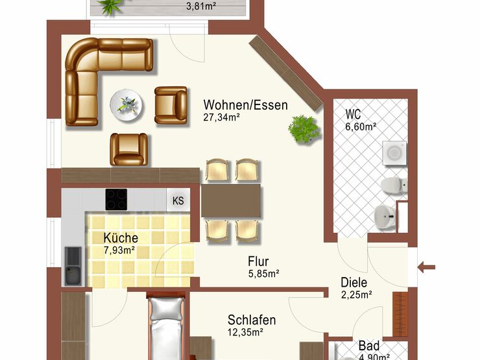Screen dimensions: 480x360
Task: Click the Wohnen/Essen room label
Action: tap(245, 105)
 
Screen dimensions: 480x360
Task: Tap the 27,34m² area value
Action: tap(221, 117)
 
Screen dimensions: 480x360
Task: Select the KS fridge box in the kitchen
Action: tap(178, 200)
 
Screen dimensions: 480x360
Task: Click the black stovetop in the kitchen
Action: tap(116, 200)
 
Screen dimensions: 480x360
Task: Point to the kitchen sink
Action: tap(73, 266)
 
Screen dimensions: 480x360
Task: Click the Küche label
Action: tap(121, 238)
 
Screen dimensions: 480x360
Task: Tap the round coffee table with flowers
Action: tap(126, 105)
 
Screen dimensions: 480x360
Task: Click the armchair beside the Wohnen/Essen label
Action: tap(171, 105)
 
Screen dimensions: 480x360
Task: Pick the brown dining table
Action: tap(231, 201)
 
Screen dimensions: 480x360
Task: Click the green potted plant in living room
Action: tap(304, 129)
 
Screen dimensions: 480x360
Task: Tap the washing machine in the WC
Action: tap(394, 153)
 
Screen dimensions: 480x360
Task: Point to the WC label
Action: tap(353, 114)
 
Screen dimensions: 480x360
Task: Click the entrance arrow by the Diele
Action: tap(426, 267)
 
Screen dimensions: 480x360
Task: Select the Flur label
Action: tap(258, 262)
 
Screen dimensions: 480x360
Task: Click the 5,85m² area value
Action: tap(263, 274)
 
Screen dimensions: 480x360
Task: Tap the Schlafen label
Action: tap(252, 320)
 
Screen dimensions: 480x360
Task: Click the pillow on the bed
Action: tap(166, 308)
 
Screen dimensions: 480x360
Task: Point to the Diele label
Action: tap(354, 283)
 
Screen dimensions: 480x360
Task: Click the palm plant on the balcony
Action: tap(110, 6)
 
